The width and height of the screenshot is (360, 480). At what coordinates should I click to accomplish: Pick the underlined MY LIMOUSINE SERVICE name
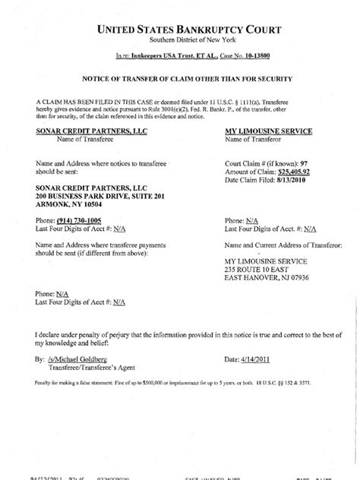(x=269, y=131)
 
